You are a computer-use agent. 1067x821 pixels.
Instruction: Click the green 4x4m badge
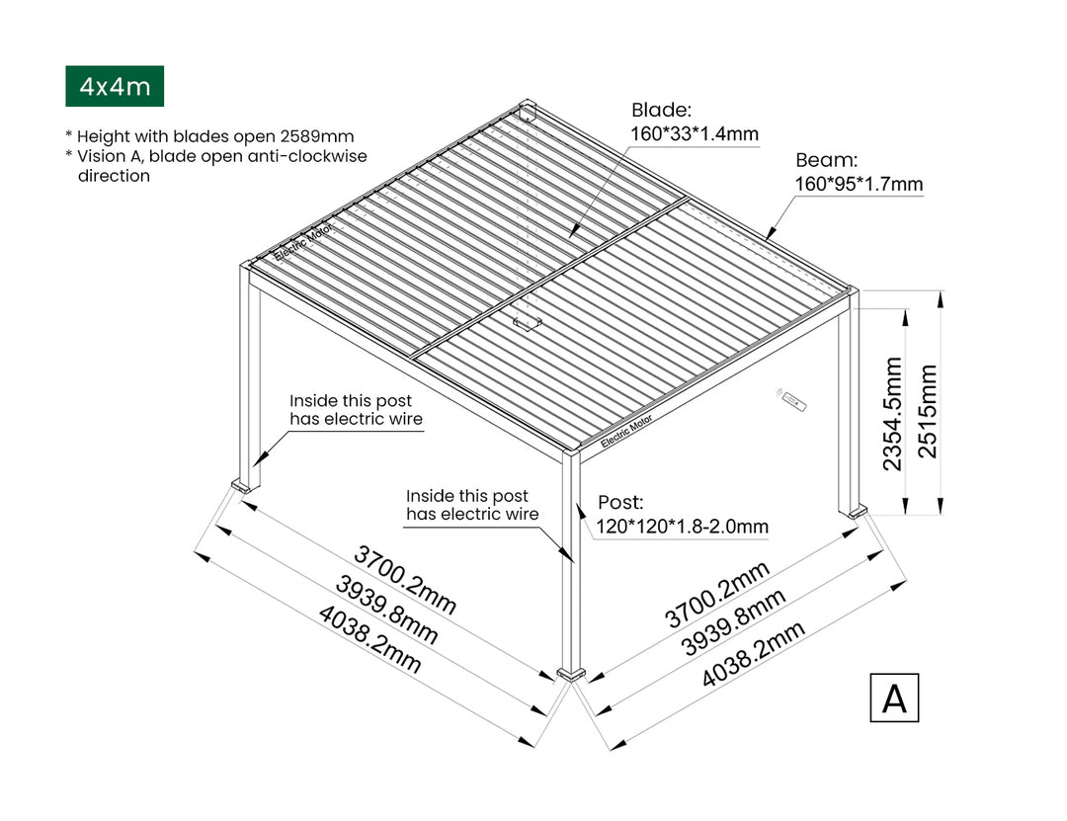coord(115,86)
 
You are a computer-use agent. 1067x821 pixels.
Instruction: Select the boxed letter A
coord(894,698)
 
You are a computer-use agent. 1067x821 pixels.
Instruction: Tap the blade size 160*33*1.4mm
coord(695,133)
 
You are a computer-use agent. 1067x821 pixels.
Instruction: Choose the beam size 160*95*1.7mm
coord(859,184)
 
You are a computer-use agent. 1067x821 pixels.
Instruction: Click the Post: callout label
coord(619,502)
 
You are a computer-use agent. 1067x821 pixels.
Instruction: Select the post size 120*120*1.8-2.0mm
coord(682,527)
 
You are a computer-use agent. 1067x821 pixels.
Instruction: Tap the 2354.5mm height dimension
coord(893,414)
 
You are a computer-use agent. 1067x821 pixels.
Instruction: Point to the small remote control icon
coord(792,401)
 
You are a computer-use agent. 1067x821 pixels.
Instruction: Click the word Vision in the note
coord(101,156)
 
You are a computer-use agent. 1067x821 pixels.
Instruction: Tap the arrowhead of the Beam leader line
coord(769,237)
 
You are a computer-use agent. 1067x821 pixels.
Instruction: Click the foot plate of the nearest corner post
coord(571,674)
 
